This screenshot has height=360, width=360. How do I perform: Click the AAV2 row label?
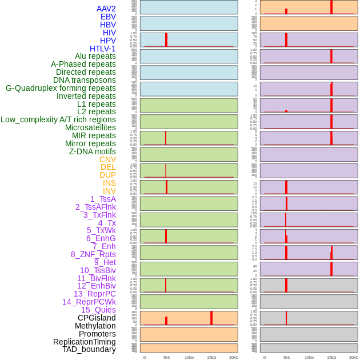pos(106,9)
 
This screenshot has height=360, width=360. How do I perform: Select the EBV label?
pos(108,17)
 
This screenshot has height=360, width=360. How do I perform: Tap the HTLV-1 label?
pos(102,49)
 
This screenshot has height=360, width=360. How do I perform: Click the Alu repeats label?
pos(95,56)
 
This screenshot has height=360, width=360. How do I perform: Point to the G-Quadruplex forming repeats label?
pos(61,88)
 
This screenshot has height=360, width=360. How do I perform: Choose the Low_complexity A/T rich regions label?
pos(58,119)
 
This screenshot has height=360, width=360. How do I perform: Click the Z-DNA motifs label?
pos(92,151)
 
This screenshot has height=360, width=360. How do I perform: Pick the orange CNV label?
pos(107,159)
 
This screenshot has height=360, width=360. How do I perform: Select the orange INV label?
pos(109,191)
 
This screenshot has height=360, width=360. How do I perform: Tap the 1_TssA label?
pos(103,199)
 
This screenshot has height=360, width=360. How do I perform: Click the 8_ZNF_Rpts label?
pos(93,254)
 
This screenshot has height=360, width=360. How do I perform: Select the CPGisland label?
pos(97,318)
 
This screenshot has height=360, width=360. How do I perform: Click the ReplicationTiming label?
pos(84,342)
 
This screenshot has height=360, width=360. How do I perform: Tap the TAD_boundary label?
pos(89,349)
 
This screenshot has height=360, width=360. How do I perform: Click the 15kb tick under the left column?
pos(211,357)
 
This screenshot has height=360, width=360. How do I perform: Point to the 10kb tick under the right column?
pos(309,357)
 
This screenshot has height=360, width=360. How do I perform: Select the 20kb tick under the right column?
pos(354,357)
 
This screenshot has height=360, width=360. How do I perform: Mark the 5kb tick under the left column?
pos(167,357)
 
